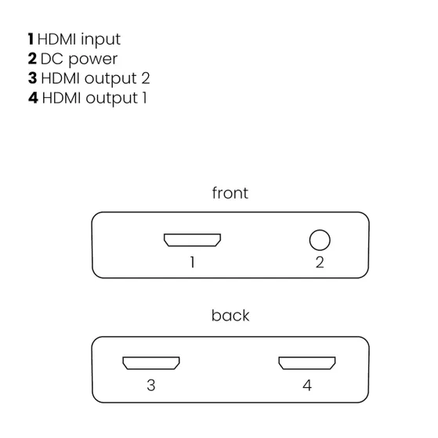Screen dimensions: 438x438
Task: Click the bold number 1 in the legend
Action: [x=31, y=38]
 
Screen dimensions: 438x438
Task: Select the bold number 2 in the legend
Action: [x=32, y=59]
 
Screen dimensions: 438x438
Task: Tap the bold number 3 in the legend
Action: [x=32, y=78]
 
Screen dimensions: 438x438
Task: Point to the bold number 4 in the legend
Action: [x=33, y=98]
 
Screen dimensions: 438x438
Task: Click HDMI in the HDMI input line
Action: [x=58, y=38]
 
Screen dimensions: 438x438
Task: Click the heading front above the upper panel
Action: [x=230, y=193]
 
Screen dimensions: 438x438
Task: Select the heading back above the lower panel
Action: [x=230, y=316]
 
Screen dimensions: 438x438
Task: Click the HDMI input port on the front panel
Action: [x=192, y=240]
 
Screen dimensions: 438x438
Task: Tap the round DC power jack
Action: [x=320, y=239]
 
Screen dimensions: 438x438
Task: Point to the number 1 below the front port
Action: [x=192, y=262]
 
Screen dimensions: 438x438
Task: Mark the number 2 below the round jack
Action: [x=320, y=262]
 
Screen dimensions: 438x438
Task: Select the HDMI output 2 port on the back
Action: [x=150, y=364]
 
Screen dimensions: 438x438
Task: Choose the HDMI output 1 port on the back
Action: [x=307, y=364]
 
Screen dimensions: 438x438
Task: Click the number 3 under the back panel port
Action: [x=150, y=386]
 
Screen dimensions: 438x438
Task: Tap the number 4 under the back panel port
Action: [x=307, y=386]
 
